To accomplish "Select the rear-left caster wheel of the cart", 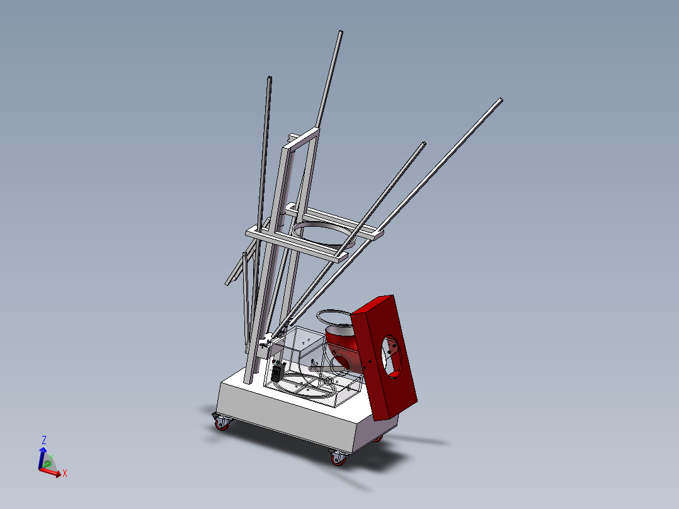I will tap(221, 423).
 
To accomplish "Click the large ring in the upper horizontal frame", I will tap(322, 229).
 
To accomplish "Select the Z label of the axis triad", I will tap(44, 440).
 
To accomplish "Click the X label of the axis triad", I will tap(65, 473).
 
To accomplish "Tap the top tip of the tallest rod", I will tap(340, 33).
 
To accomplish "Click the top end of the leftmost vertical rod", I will tap(270, 79).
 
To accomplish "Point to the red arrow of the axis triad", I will tap(53, 472).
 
